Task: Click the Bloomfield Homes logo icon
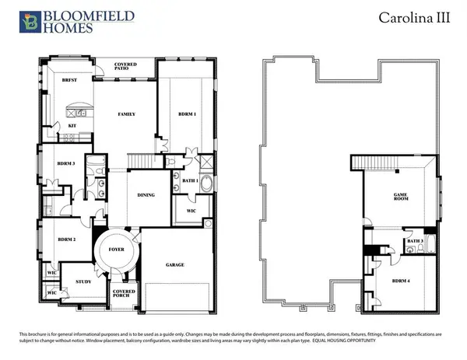[30, 22]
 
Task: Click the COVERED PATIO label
[125, 68]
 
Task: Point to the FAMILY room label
[127, 114]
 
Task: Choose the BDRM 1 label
[188, 114]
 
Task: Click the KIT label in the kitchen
[72, 125]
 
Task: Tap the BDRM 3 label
[65, 163]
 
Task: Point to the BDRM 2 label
[65, 239]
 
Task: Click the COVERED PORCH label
[125, 294]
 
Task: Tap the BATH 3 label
[414, 241]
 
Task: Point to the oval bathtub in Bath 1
[206, 184]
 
